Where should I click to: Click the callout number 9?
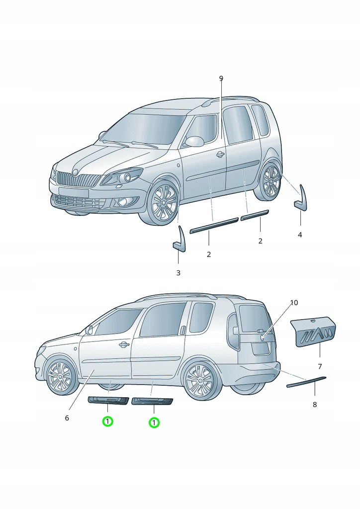pyautogui.click(x=221, y=79)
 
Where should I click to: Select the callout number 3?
pyautogui.click(x=178, y=273)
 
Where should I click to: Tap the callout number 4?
pyautogui.click(x=300, y=235)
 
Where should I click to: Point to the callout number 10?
pyautogui.click(x=294, y=303)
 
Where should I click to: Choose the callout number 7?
pyautogui.click(x=320, y=366)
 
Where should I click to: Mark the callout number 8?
pyautogui.click(x=314, y=405)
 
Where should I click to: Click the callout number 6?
pyautogui.click(x=67, y=418)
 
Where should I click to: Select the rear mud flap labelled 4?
pyautogui.click(x=301, y=198)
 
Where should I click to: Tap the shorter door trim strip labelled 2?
pyautogui.click(x=255, y=215)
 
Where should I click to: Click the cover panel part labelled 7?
pyautogui.click(x=313, y=333)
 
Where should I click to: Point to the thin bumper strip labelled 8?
pyautogui.click(x=306, y=382)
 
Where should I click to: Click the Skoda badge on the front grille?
pyautogui.click(x=76, y=172)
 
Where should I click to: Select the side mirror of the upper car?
pyautogui.click(x=194, y=141)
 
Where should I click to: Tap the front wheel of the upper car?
pyautogui.click(x=162, y=203)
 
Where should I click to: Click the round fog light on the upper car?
pyautogui.click(x=121, y=202)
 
